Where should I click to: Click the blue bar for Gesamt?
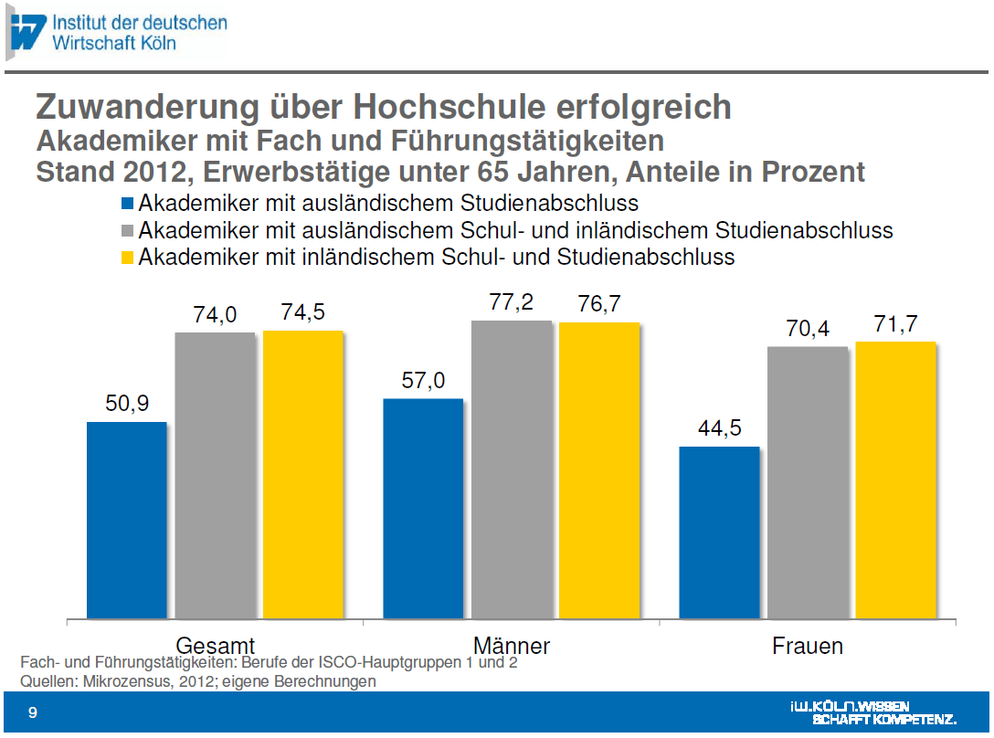[127, 520]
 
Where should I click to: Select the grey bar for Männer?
[512, 469]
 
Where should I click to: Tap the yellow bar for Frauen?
[895, 480]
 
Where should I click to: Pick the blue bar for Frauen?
[719, 532]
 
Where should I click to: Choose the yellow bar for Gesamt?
[303, 475]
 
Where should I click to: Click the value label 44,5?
[719, 428]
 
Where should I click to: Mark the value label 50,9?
[127, 404]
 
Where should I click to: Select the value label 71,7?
[895, 324]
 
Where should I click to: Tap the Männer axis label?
[512, 647]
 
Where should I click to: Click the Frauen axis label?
[808, 647]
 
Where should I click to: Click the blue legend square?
[127, 203]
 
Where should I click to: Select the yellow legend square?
[127, 258]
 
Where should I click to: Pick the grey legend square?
[127, 230]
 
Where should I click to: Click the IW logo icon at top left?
[26, 32]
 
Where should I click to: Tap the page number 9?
[33, 713]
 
